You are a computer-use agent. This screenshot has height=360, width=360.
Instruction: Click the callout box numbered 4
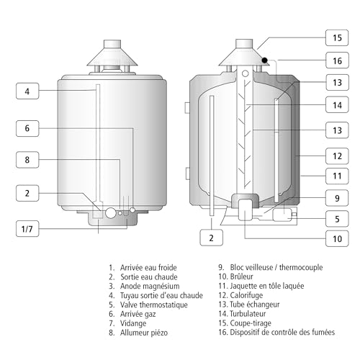(27, 91)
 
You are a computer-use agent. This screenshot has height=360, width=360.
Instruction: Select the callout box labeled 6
(27, 128)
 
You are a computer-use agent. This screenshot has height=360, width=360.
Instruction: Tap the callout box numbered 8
(27, 161)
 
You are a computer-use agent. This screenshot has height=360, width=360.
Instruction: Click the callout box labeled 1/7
(27, 229)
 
